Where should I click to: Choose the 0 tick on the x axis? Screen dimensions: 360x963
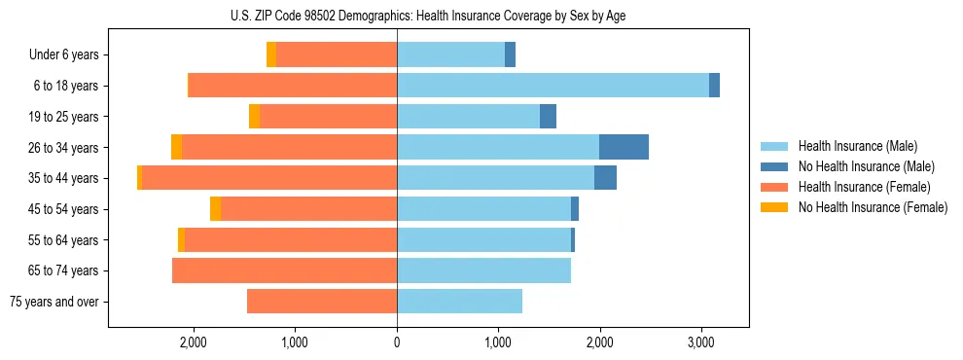click(397, 342)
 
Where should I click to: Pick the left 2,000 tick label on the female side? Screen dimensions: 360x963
click(193, 342)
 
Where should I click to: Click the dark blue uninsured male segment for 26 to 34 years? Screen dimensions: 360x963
click(624, 147)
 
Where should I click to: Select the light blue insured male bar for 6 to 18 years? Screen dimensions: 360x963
click(553, 86)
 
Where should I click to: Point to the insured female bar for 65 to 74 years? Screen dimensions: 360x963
click(284, 270)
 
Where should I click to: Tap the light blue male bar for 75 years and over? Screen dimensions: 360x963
click(459, 302)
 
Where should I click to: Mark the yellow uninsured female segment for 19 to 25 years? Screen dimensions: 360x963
click(255, 117)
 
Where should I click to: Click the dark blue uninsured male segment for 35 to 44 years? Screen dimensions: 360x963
click(605, 178)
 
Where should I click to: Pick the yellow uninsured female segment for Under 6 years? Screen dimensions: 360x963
click(271, 55)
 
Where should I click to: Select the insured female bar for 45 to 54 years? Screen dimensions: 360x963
click(308, 209)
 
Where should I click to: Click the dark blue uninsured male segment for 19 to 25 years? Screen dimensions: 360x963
click(548, 117)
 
